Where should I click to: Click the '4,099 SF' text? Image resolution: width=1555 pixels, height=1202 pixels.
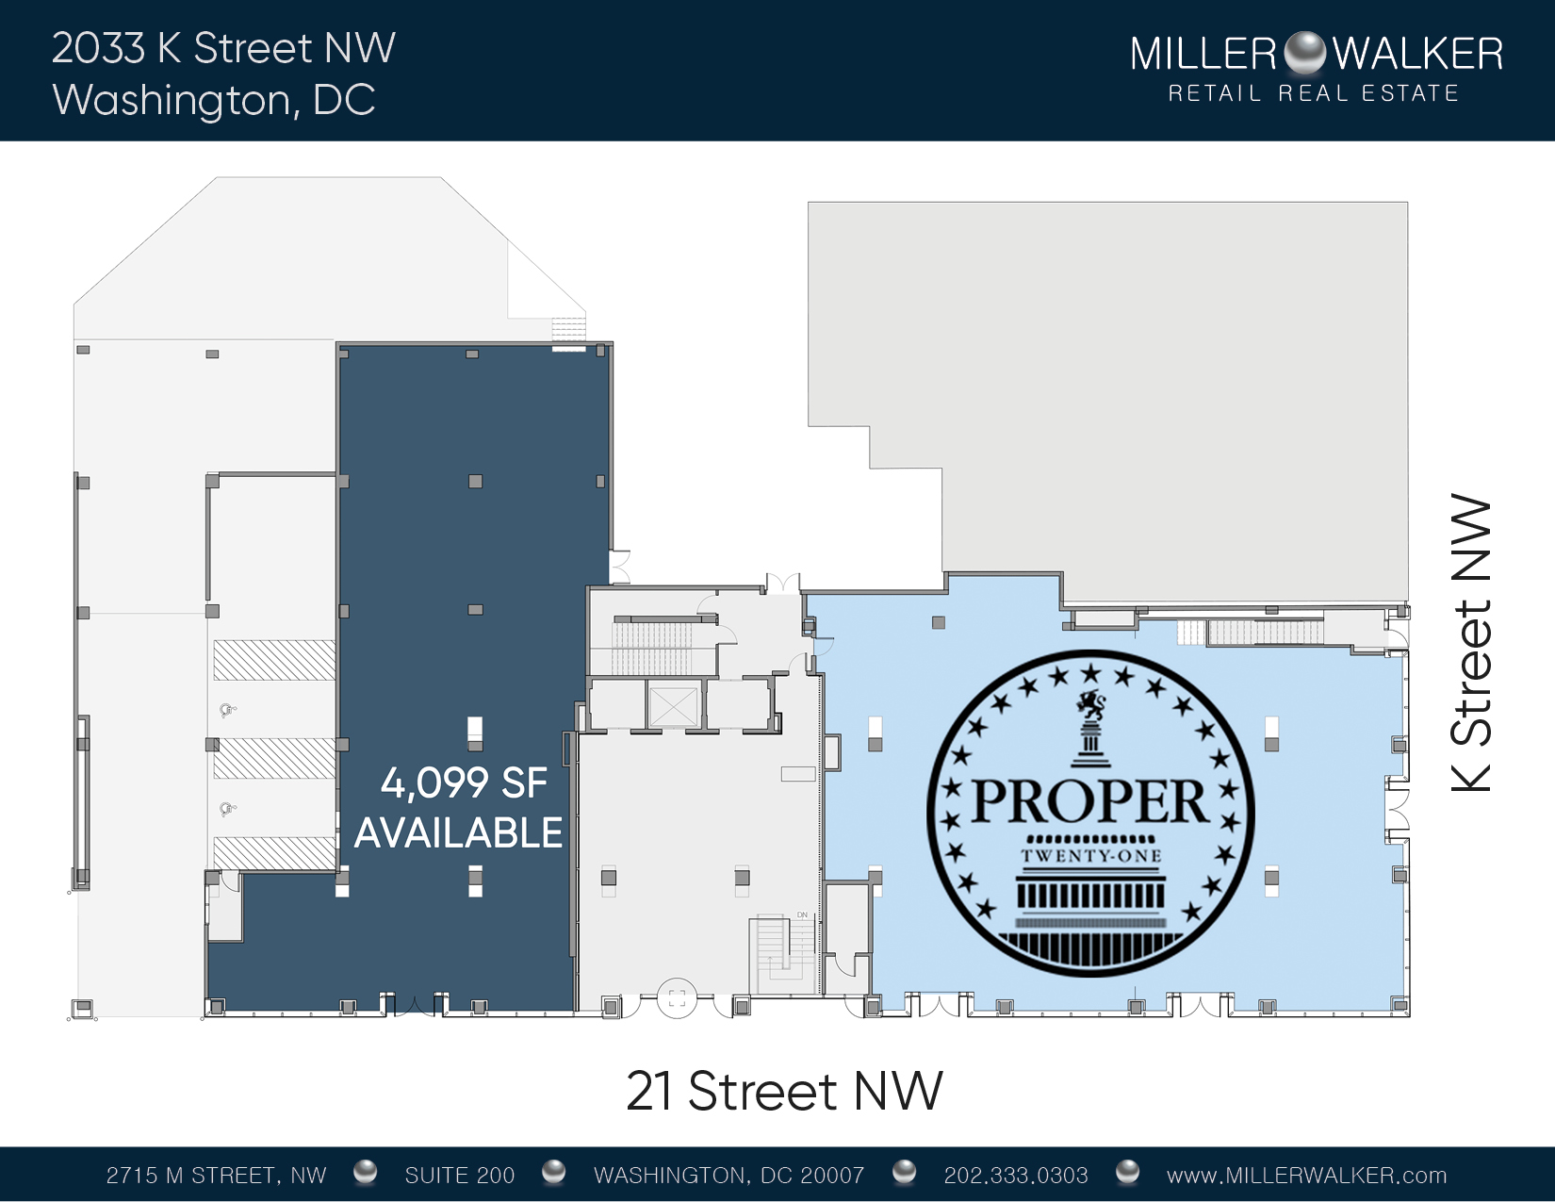pyautogui.click(x=464, y=782)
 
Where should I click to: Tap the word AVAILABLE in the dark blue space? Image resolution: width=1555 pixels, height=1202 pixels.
pyautogui.click(x=459, y=832)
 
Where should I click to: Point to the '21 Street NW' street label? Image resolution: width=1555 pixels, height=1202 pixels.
pyautogui.click(x=784, y=1091)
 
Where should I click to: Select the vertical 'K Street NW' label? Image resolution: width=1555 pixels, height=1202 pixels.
pyautogui.click(x=1471, y=643)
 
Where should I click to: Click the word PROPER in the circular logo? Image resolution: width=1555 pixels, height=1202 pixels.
pyautogui.click(x=1089, y=801)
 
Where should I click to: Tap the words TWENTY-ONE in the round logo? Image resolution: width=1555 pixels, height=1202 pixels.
pyautogui.click(x=1090, y=855)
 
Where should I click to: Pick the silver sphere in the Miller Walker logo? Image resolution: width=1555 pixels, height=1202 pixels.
pyautogui.click(x=1304, y=53)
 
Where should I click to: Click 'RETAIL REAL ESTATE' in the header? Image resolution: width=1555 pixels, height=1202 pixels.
pyautogui.click(x=1314, y=93)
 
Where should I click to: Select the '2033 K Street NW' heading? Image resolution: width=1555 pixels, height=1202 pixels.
pyautogui.click(x=223, y=48)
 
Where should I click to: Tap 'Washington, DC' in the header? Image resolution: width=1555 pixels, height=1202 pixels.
pyautogui.click(x=214, y=100)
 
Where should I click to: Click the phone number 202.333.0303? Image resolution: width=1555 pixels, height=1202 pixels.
pyautogui.click(x=1015, y=1175)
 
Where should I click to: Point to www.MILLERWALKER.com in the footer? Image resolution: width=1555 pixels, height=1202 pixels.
pyautogui.click(x=1307, y=1175)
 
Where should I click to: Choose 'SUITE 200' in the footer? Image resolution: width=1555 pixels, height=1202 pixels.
pyautogui.click(x=459, y=1175)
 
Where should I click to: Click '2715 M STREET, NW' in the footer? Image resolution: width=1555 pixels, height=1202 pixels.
pyautogui.click(x=216, y=1175)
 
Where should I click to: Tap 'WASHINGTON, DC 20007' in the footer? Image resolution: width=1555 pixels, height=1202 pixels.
pyautogui.click(x=728, y=1175)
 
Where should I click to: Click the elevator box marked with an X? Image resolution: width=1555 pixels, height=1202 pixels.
pyautogui.click(x=673, y=706)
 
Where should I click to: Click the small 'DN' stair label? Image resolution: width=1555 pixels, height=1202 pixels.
pyautogui.click(x=802, y=914)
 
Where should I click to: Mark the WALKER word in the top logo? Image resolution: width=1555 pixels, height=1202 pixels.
pyautogui.click(x=1417, y=54)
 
